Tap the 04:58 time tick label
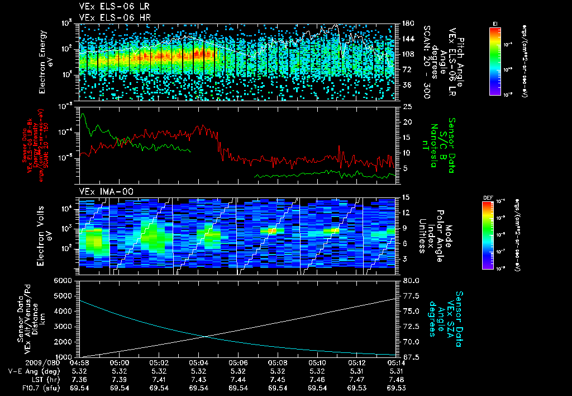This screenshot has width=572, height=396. pyautogui.click(x=82, y=362)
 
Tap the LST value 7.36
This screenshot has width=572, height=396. pyautogui.click(x=82, y=379)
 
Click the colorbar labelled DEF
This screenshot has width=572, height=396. pyautogui.click(x=488, y=234)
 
